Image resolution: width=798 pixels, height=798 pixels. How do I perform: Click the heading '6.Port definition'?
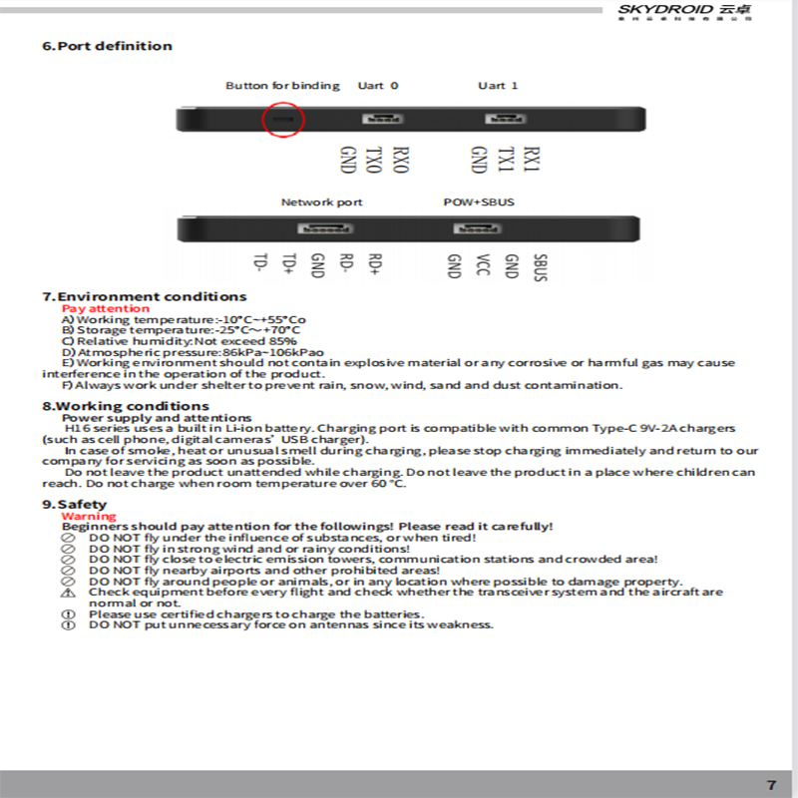pos(107,46)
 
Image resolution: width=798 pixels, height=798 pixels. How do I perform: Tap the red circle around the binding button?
pos(282,120)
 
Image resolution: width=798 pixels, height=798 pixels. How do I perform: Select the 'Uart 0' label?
pos(378,86)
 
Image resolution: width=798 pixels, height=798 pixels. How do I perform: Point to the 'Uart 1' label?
pos(498,86)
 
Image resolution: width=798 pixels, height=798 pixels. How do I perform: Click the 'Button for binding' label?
pos(282,86)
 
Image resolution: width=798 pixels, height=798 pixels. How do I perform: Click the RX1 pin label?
pos(533,162)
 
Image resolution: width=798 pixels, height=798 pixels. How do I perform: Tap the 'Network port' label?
pos(321,202)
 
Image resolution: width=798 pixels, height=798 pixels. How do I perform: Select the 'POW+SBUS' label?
pos(479,202)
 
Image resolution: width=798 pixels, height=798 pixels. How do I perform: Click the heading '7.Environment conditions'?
pos(145,296)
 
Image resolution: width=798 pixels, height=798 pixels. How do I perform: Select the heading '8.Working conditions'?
pos(126,406)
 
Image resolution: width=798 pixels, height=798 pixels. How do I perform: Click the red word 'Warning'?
pos(89,516)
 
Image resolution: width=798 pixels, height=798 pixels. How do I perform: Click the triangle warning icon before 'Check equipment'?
pos(69,593)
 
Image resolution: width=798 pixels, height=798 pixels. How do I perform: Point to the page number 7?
pos(771,784)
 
